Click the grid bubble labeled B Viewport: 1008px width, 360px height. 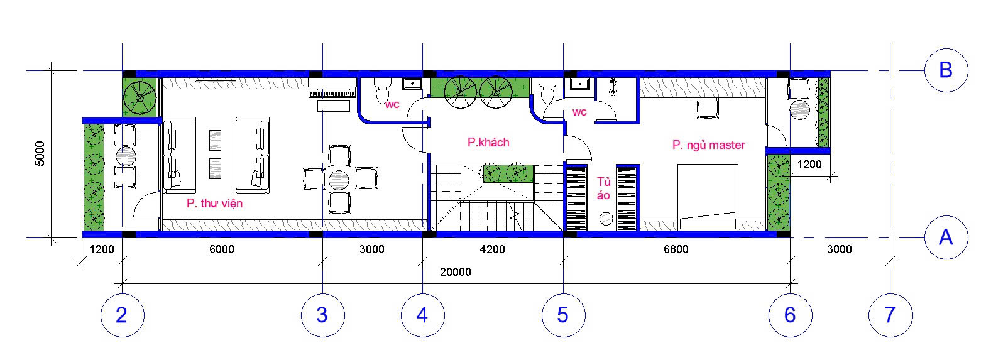(946, 70)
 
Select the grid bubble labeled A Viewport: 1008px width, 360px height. (946, 237)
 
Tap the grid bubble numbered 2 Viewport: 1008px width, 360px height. (122, 315)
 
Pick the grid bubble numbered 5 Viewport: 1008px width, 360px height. (564, 315)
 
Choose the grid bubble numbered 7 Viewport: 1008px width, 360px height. (890, 315)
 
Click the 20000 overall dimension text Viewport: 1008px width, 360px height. (456, 272)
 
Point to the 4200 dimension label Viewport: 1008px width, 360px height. (492, 249)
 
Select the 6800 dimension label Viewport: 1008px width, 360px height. (676, 249)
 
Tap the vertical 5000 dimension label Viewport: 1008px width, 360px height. (40, 153)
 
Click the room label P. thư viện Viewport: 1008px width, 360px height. (215, 204)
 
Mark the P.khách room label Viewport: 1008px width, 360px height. (488, 142)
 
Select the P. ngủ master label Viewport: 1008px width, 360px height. (709, 145)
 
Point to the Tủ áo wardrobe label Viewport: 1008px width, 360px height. (603, 188)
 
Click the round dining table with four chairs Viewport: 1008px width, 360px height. (339, 180)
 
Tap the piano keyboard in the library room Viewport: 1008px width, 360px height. (332, 94)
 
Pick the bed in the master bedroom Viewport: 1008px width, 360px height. (708, 197)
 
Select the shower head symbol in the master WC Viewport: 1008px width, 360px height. (613, 87)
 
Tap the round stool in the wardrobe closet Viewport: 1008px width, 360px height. (606, 219)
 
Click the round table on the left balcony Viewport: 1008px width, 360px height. (126, 156)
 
